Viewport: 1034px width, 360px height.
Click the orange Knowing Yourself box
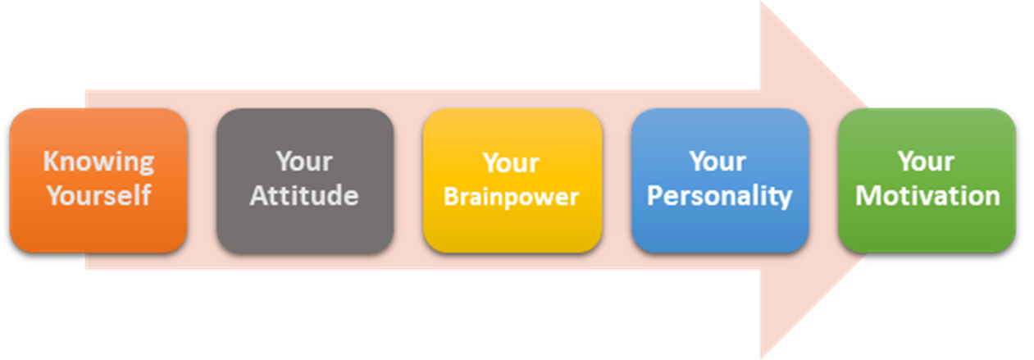pyautogui.click(x=98, y=180)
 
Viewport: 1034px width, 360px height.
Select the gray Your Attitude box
pyautogui.click(x=305, y=180)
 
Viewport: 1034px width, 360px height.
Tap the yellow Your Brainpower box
pyautogui.click(x=512, y=180)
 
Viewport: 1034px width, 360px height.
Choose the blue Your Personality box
pyautogui.click(x=720, y=180)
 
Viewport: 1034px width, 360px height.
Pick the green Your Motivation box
pyautogui.click(x=927, y=180)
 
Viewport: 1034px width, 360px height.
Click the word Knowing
pyautogui.click(x=98, y=163)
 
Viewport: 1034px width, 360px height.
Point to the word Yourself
pyautogui.click(x=98, y=195)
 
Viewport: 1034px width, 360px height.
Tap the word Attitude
pyautogui.click(x=304, y=195)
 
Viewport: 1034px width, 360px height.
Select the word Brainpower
pyautogui.click(x=512, y=198)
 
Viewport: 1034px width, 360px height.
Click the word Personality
pyautogui.click(x=720, y=196)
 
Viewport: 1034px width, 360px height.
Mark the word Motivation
pyautogui.click(x=928, y=196)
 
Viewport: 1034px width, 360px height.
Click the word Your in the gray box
pyautogui.click(x=305, y=162)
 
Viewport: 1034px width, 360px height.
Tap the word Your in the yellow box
pyautogui.click(x=512, y=163)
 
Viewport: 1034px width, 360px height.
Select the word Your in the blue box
pyautogui.click(x=718, y=162)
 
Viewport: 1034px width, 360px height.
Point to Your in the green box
pyautogui.click(x=927, y=162)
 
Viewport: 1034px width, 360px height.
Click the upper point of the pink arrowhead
pyautogui.click(x=762, y=2)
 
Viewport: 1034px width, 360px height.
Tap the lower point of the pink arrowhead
pyautogui.click(x=762, y=357)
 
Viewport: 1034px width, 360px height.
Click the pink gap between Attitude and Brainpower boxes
pyautogui.click(x=408, y=180)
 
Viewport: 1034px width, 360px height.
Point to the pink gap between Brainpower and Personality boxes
pyautogui.click(x=617, y=180)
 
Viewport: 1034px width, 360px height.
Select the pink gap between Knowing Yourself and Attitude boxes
pyautogui.click(x=202, y=180)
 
